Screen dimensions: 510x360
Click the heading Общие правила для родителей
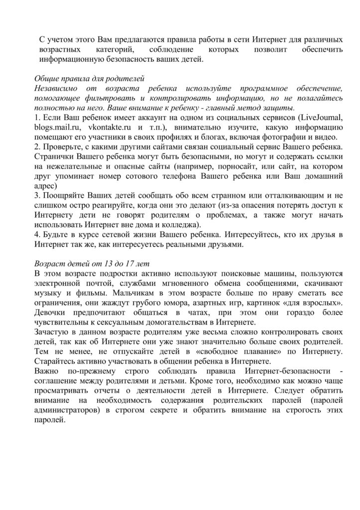pos(89,78)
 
